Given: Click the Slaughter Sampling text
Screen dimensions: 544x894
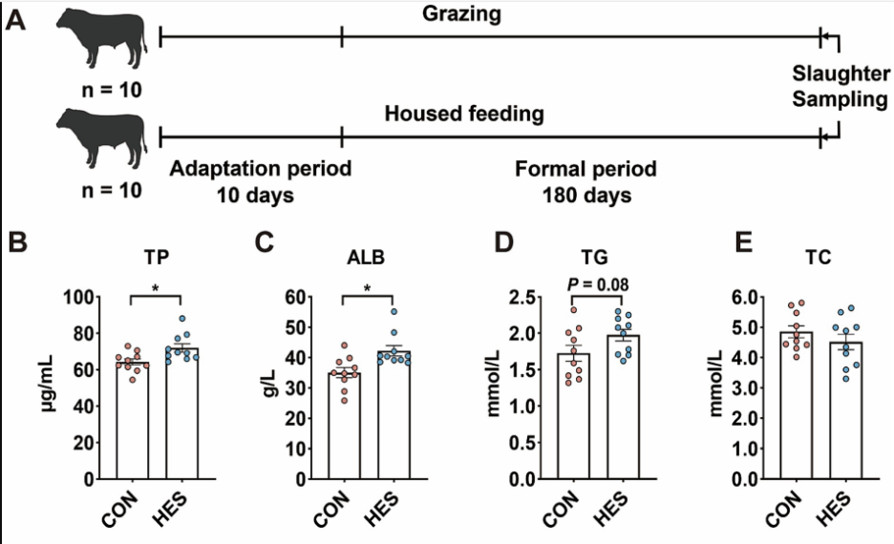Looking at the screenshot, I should coord(841,86).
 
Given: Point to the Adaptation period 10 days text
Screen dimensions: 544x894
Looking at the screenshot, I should coord(260,181).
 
